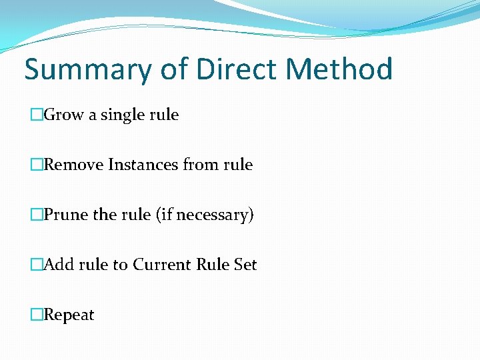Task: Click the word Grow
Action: (63, 115)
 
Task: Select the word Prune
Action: (65, 215)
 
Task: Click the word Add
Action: (59, 265)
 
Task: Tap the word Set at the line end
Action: (245, 265)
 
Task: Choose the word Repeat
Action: (69, 315)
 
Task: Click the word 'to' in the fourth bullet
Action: (120, 265)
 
